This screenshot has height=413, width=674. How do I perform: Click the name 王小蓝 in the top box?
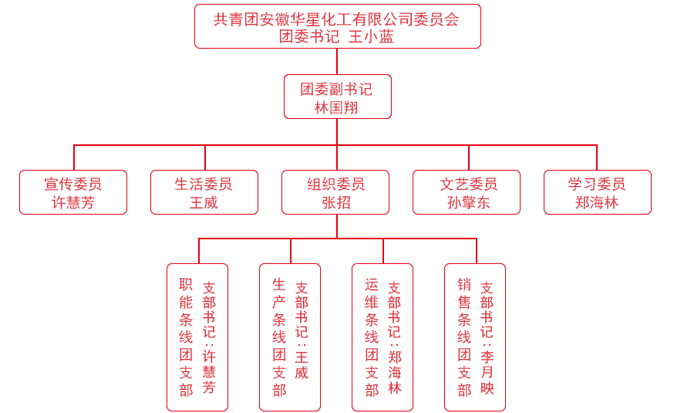point(371,36)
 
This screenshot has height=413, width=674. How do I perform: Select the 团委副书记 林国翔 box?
point(337,96)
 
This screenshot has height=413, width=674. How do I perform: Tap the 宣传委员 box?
point(73,192)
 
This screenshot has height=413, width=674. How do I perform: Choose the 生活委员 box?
point(204,192)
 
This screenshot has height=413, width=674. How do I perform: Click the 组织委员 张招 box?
point(335,192)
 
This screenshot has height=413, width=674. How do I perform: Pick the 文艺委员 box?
point(467,192)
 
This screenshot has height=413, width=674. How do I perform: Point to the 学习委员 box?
point(598,192)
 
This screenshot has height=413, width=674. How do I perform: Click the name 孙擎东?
point(469,202)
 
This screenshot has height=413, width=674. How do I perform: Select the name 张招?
point(336,202)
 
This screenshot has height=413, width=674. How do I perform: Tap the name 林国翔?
point(336,107)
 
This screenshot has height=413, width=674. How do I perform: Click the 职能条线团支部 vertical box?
point(197,337)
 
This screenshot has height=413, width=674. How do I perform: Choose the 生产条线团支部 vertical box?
point(290,337)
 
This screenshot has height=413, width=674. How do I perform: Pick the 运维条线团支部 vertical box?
point(382,337)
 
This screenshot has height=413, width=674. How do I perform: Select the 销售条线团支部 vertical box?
point(475,337)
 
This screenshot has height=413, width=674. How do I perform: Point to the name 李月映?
point(487,372)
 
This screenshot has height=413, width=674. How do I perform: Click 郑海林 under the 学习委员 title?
point(597,202)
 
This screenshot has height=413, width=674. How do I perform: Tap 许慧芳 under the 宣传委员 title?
point(73,202)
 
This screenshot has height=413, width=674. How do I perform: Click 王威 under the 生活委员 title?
point(204,202)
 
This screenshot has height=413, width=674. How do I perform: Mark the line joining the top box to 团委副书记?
point(337,61)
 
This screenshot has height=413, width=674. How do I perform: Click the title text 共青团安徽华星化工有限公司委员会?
point(336,19)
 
